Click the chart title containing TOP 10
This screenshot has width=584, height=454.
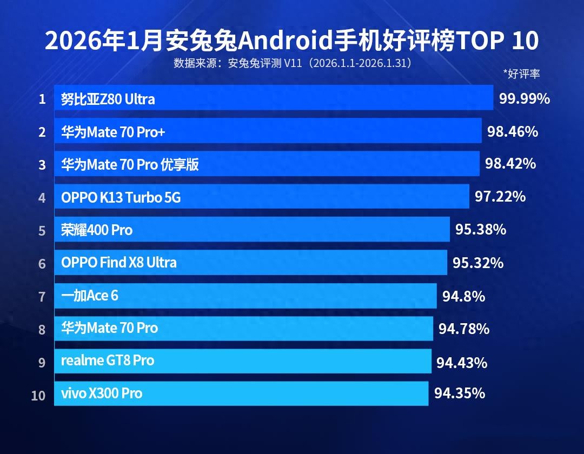[292, 41]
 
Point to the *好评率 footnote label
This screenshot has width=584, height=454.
[521, 74]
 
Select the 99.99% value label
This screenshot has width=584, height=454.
[525, 98]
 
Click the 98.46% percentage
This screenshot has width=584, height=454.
[513, 131]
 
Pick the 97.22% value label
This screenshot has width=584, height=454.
[500, 197]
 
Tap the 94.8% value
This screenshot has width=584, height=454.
[463, 296]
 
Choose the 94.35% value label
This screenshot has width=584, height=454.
[460, 393]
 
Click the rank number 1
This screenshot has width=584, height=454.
[42, 99]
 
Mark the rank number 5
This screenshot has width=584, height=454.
[42, 231]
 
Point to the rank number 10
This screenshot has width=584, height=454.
[38, 395]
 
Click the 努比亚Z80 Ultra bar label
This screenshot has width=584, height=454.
[108, 99]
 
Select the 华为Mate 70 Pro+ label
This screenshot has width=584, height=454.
[113, 132]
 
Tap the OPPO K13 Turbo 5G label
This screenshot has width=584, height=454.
[121, 198]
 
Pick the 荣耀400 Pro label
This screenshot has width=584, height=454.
[97, 230]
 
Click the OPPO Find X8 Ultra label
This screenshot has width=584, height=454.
[119, 263]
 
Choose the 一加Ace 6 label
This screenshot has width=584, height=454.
[90, 296]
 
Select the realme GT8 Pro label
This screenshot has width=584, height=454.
[108, 360]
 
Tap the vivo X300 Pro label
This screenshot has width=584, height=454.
[102, 393]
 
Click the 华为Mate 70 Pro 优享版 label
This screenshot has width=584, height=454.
[130, 164]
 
